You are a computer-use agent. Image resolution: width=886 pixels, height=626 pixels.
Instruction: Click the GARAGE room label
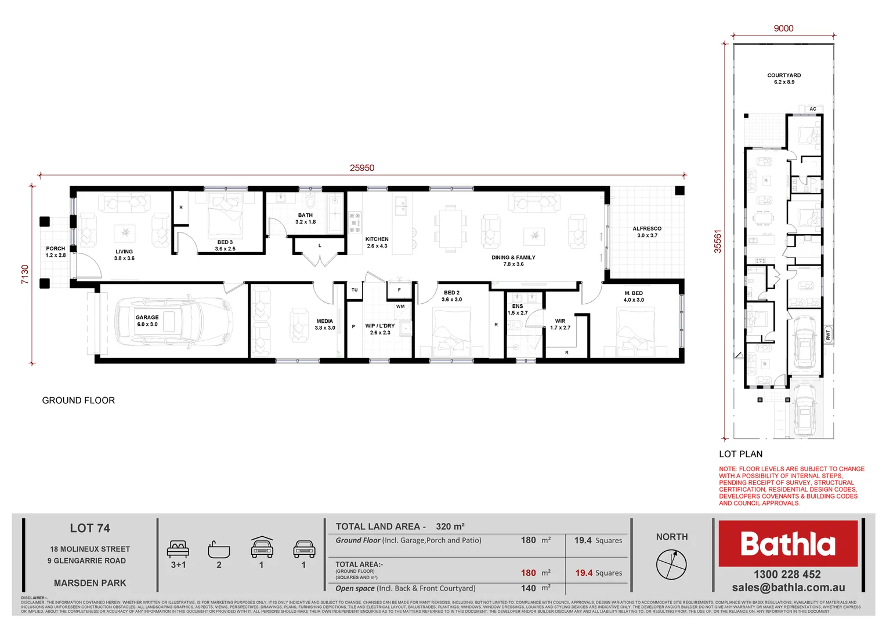pyautogui.click(x=147, y=318)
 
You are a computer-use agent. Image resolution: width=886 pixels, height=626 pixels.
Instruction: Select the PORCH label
pyautogui.click(x=56, y=249)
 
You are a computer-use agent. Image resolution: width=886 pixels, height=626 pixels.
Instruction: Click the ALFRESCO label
pyautogui.click(x=647, y=229)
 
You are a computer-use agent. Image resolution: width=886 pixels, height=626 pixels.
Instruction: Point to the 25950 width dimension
pyautogui.click(x=361, y=168)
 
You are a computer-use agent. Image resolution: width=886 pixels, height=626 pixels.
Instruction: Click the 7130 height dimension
pyautogui.click(x=25, y=274)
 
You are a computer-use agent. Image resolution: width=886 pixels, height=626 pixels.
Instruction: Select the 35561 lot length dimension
pyautogui.click(x=718, y=241)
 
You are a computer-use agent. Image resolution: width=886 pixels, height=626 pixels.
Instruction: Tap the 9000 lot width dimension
pyautogui.click(x=783, y=28)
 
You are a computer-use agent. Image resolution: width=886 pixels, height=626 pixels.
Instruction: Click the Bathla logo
pyautogui.click(x=787, y=544)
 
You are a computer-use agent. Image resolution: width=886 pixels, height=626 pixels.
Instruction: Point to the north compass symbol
pyautogui.click(x=671, y=563)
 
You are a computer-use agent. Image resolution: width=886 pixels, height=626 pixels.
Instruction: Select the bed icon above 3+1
pyautogui.click(x=178, y=549)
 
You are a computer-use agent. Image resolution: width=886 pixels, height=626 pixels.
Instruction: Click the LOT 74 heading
pyautogui.click(x=90, y=528)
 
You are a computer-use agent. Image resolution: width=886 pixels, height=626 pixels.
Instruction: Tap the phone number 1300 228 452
pyautogui.click(x=787, y=574)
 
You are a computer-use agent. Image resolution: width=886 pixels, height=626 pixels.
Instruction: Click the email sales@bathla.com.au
pyautogui.click(x=788, y=588)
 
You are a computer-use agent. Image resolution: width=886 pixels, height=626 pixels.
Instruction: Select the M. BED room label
pyautogui.click(x=633, y=293)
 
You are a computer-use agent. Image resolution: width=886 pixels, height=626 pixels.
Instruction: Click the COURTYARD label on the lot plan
pyautogui.click(x=784, y=75)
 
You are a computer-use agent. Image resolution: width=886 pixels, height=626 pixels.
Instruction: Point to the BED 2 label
pyautogui.click(x=451, y=293)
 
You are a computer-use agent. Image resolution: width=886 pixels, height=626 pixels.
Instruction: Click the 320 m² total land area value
pyautogui.click(x=450, y=526)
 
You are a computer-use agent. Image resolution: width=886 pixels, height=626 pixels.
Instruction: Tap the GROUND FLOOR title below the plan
pyautogui.click(x=78, y=401)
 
